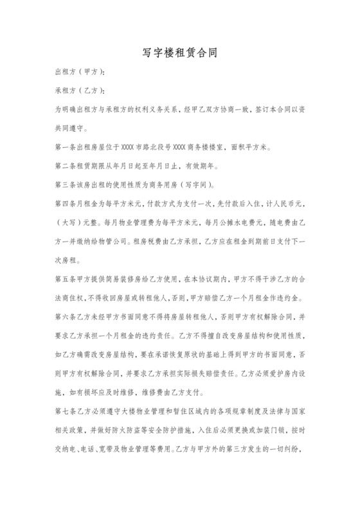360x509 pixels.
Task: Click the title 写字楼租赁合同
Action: click(x=179, y=54)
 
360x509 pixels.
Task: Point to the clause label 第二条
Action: click(x=66, y=166)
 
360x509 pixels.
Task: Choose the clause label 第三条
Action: click(x=66, y=185)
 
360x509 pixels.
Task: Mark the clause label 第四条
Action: click(x=66, y=204)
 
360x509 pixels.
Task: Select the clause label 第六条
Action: click(x=66, y=317)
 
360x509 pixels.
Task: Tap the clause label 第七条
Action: click(x=66, y=412)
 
